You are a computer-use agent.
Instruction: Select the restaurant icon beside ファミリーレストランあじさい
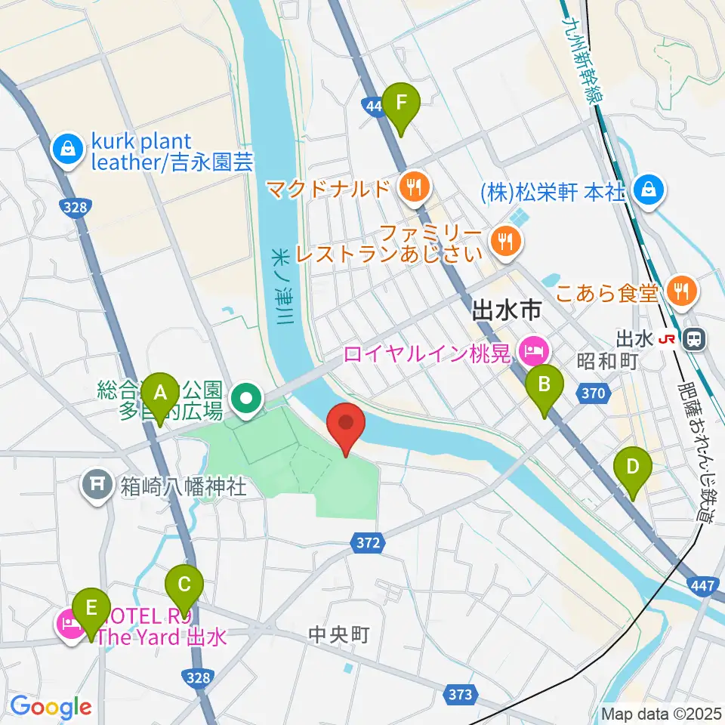click(x=502, y=242)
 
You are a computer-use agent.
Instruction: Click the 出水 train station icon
click(x=691, y=340)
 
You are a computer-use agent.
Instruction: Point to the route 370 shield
click(x=594, y=392)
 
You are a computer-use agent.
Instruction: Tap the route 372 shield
click(x=367, y=541)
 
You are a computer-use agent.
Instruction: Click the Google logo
click(x=51, y=708)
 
